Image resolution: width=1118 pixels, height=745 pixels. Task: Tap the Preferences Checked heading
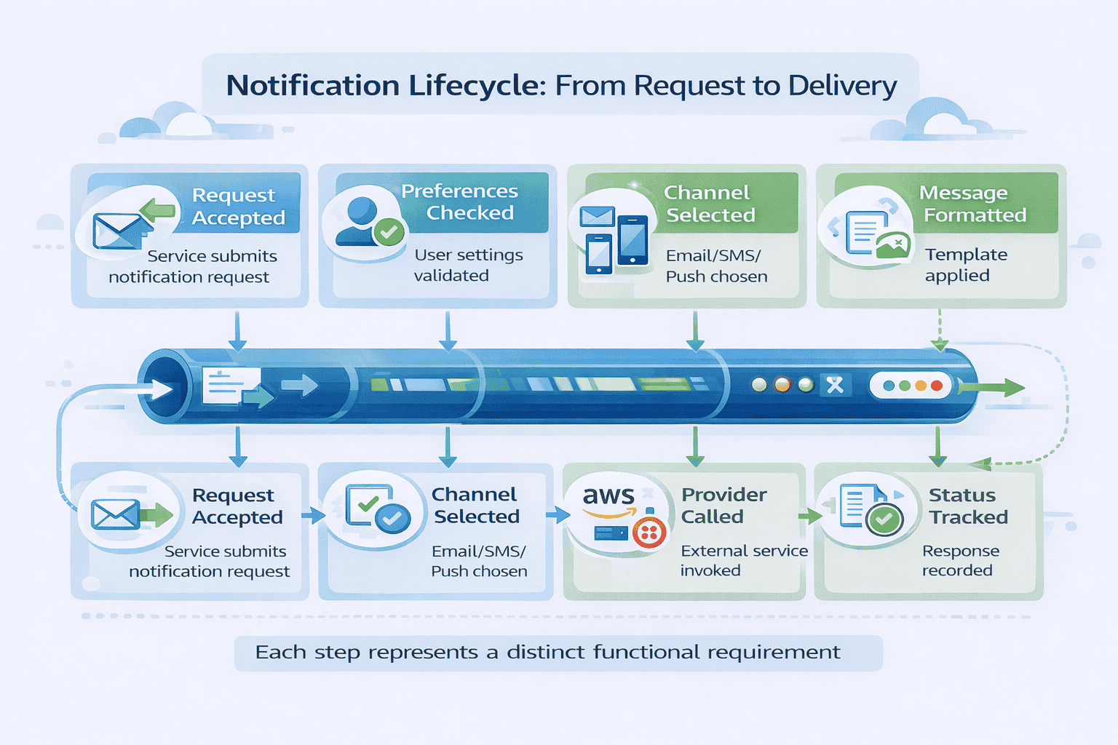tap(460, 202)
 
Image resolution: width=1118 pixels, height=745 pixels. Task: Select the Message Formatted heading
tap(973, 204)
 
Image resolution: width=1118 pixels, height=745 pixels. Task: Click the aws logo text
tap(608, 496)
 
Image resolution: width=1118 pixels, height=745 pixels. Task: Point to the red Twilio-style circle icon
tap(649, 534)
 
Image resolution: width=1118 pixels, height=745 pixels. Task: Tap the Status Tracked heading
tap(967, 506)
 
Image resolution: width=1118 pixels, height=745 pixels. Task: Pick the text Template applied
tap(965, 265)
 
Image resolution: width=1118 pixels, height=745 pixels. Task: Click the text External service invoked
tap(743, 560)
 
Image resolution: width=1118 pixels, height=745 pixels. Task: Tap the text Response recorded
tap(959, 560)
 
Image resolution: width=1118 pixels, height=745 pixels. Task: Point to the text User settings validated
tap(468, 265)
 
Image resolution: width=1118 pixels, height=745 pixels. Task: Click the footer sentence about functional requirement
tap(547, 652)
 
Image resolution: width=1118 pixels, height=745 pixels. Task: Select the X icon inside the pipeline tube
tap(835, 385)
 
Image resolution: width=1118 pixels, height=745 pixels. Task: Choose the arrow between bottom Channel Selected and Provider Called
tap(558, 515)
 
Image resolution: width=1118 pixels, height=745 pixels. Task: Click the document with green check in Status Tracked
tap(870, 509)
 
